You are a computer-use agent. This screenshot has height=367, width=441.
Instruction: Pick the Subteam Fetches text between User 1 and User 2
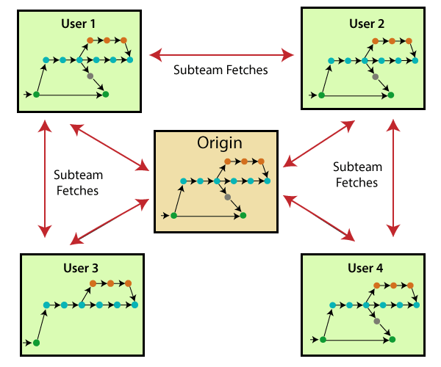click(220, 71)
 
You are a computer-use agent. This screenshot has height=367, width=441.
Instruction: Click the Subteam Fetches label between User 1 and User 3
click(77, 183)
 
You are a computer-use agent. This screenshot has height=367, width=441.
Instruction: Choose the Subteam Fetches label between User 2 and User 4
click(357, 175)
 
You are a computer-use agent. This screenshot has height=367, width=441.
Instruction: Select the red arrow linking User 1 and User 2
click(220, 54)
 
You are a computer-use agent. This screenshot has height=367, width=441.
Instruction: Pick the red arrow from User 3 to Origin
click(109, 222)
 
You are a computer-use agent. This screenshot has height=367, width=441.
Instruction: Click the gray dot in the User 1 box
click(90, 76)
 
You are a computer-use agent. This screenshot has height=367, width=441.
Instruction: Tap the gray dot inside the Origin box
click(227, 197)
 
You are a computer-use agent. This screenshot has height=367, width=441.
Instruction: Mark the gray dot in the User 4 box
click(376, 321)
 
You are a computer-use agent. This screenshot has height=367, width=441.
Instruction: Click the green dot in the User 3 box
click(36, 343)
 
